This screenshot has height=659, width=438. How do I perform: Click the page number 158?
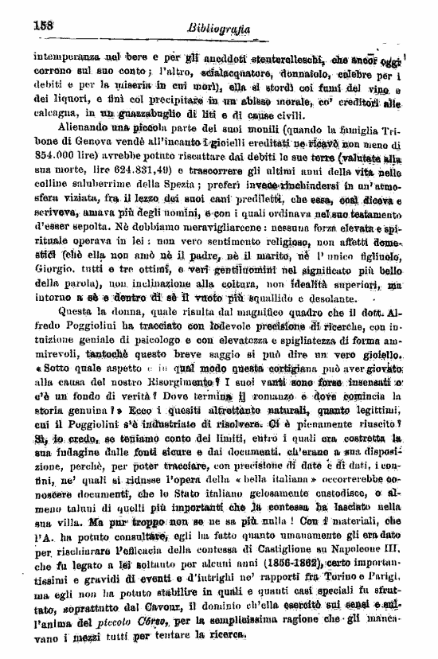click(x=41, y=25)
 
